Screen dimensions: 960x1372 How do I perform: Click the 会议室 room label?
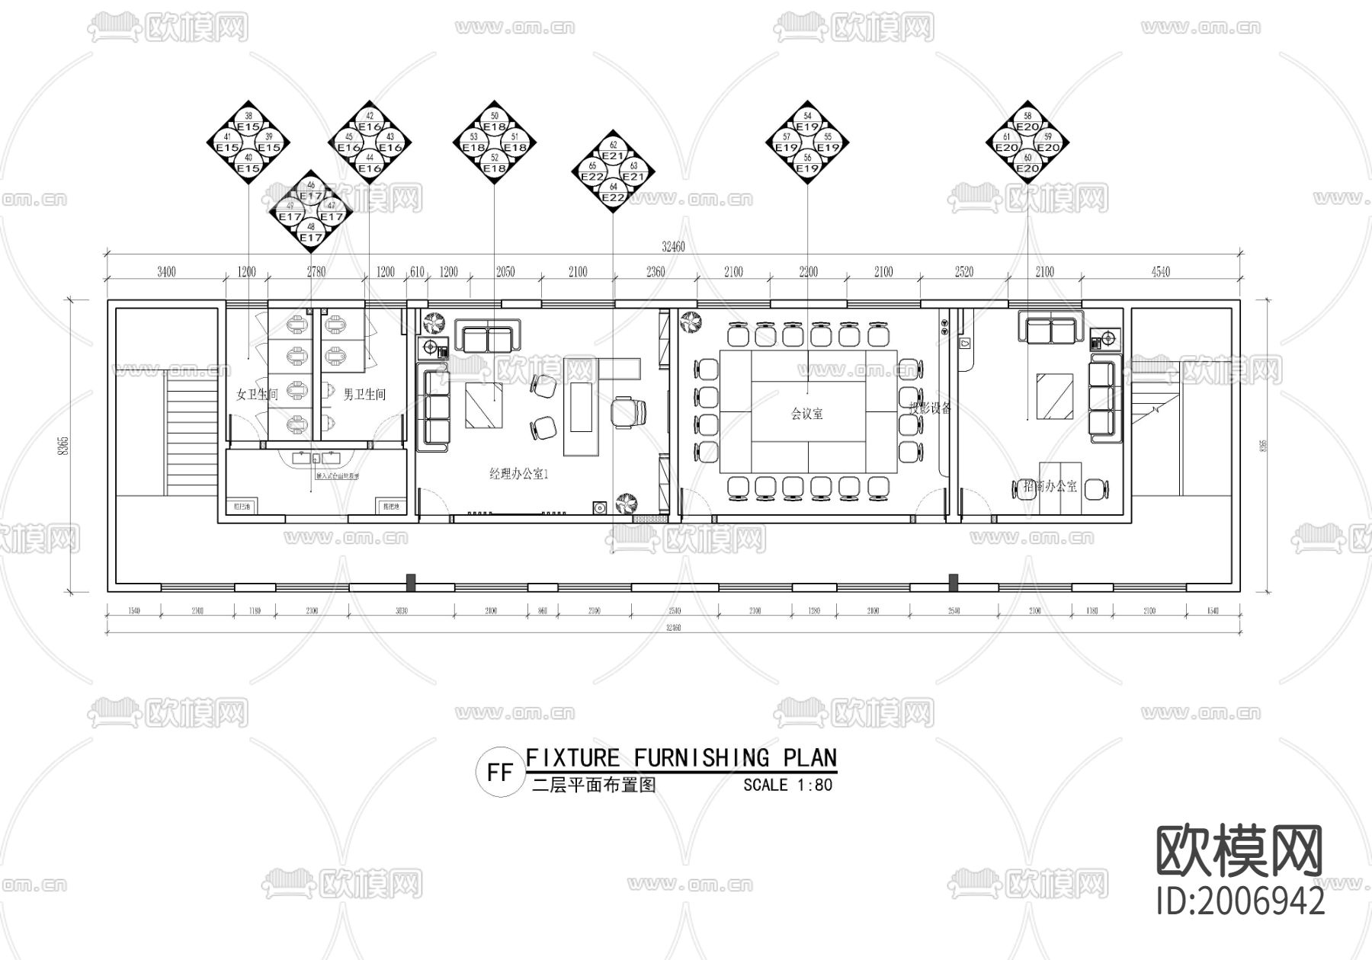[806, 414]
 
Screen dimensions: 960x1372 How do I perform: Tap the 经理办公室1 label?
[519, 474]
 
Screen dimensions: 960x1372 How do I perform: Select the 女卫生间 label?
[258, 395]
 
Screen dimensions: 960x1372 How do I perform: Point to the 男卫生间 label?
[364, 395]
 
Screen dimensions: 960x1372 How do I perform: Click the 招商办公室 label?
[1050, 486]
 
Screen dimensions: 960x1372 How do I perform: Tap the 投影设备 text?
[930, 408]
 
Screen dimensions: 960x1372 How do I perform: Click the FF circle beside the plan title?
[500, 773]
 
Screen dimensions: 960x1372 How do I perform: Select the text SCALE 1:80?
[788, 785]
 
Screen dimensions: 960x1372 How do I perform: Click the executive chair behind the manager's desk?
[630, 411]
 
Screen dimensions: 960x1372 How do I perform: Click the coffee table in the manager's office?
[483, 404]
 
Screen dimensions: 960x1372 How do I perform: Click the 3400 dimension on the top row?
[166, 272]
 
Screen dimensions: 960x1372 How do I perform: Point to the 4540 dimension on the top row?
[1160, 272]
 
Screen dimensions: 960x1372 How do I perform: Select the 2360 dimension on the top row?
[656, 272]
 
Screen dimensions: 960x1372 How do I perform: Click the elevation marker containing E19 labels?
[807, 142]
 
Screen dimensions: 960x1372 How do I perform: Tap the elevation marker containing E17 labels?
[311, 211]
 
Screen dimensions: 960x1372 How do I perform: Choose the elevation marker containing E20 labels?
[1027, 142]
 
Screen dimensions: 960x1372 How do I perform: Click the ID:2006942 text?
[1240, 901]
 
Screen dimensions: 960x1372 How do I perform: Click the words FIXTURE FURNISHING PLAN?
[681, 758]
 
